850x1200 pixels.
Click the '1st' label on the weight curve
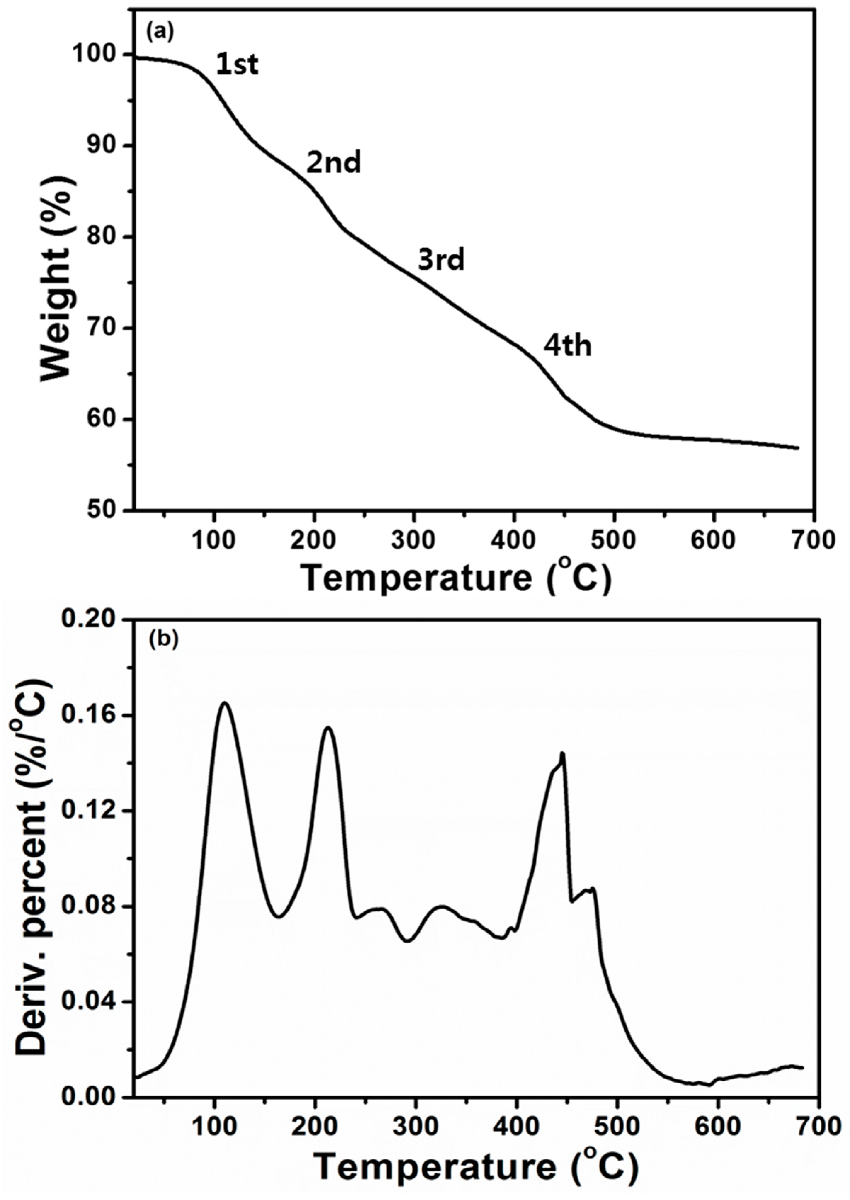click(237, 66)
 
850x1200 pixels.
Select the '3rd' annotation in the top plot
click(441, 260)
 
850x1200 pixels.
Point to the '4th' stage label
click(567, 346)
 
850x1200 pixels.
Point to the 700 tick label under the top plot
click(812, 540)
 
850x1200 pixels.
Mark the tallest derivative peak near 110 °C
click(225, 703)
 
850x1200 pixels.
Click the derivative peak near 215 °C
click(328, 728)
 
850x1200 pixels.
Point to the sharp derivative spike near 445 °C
click(562, 753)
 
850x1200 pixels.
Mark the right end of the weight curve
click(798, 448)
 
